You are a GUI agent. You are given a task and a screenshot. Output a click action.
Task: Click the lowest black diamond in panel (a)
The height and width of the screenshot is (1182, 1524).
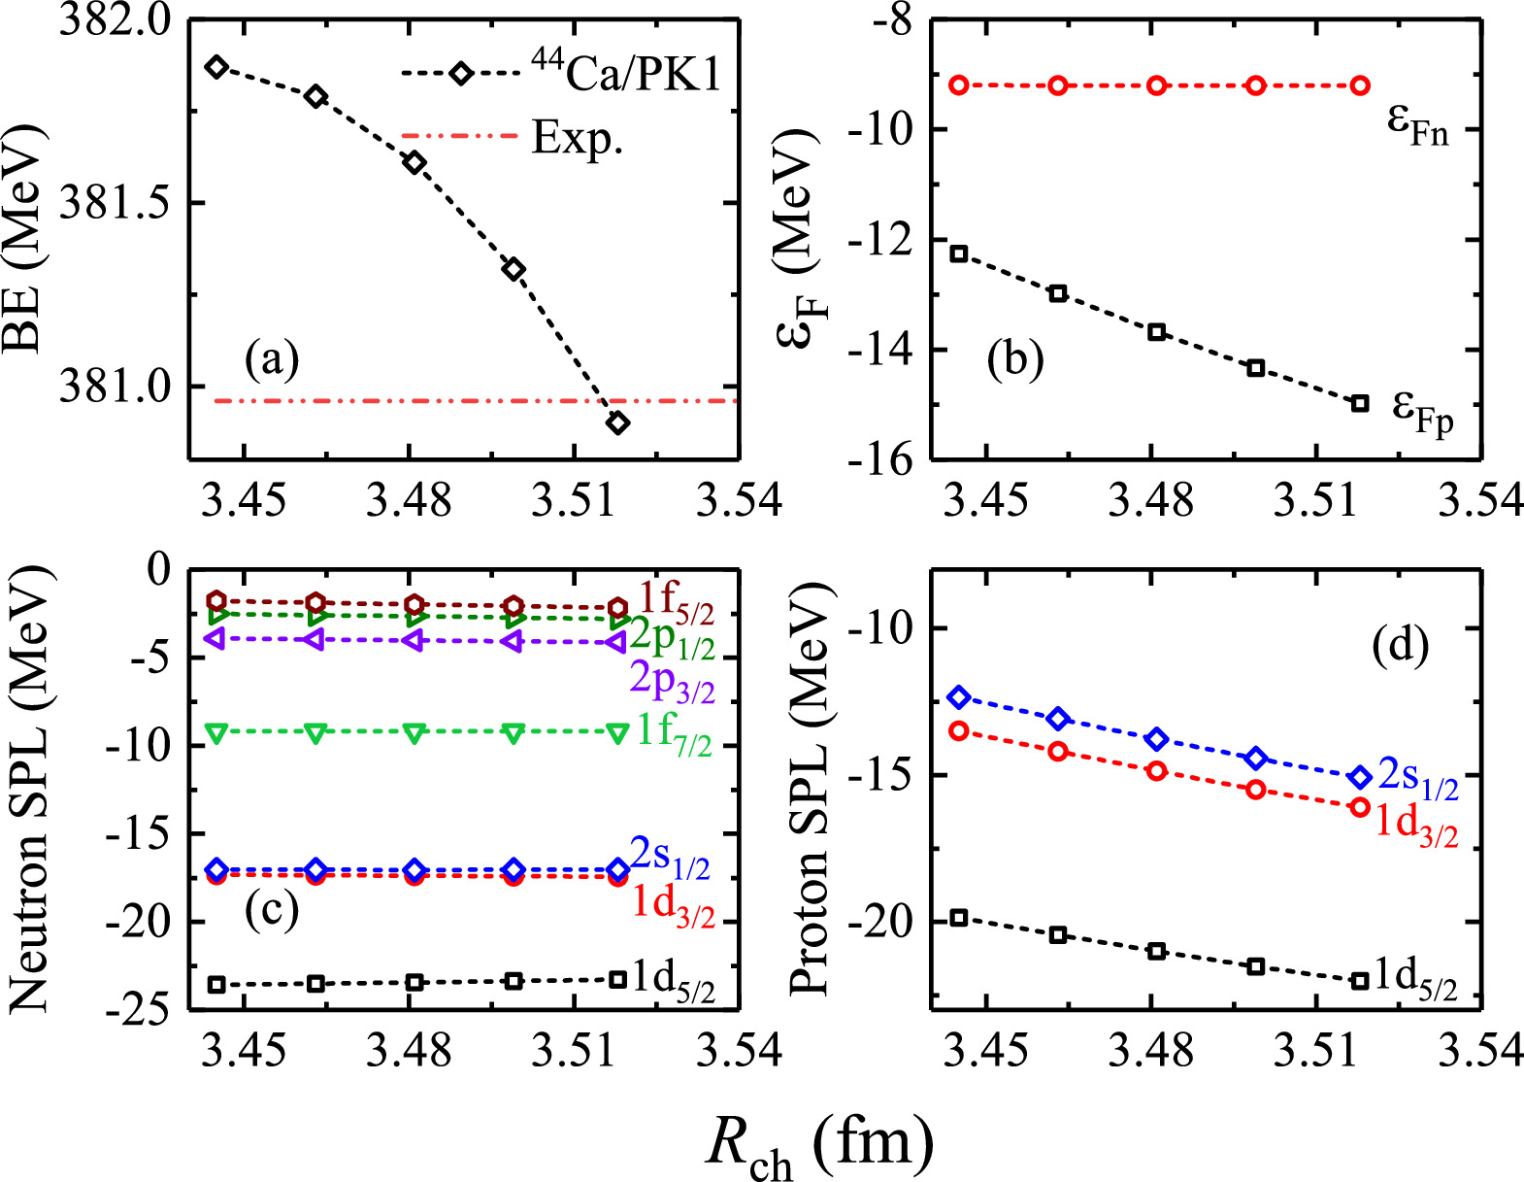click(617, 422)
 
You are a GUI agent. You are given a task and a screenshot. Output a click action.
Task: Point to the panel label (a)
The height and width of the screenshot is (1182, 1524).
click(273, 360)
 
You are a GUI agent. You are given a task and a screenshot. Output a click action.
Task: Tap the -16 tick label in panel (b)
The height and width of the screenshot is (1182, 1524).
click(878, 459)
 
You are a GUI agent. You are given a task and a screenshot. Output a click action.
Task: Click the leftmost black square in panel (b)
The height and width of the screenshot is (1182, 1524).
click(959, 253)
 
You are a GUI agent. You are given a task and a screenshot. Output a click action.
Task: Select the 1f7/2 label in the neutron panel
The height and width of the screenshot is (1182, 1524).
click(674, 730)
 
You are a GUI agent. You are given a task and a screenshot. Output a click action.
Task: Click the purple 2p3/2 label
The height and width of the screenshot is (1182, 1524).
click(672, 681)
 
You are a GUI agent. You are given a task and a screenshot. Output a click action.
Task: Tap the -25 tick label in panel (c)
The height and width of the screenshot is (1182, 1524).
click(142, 1010)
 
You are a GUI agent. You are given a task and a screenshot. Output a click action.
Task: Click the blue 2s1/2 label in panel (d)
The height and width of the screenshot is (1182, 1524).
click(1418, 778)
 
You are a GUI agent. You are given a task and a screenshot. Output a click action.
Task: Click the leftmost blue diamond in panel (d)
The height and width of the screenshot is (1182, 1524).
click(959, 697)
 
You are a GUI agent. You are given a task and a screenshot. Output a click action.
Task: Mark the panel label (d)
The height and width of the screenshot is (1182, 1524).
click(1401, 646)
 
